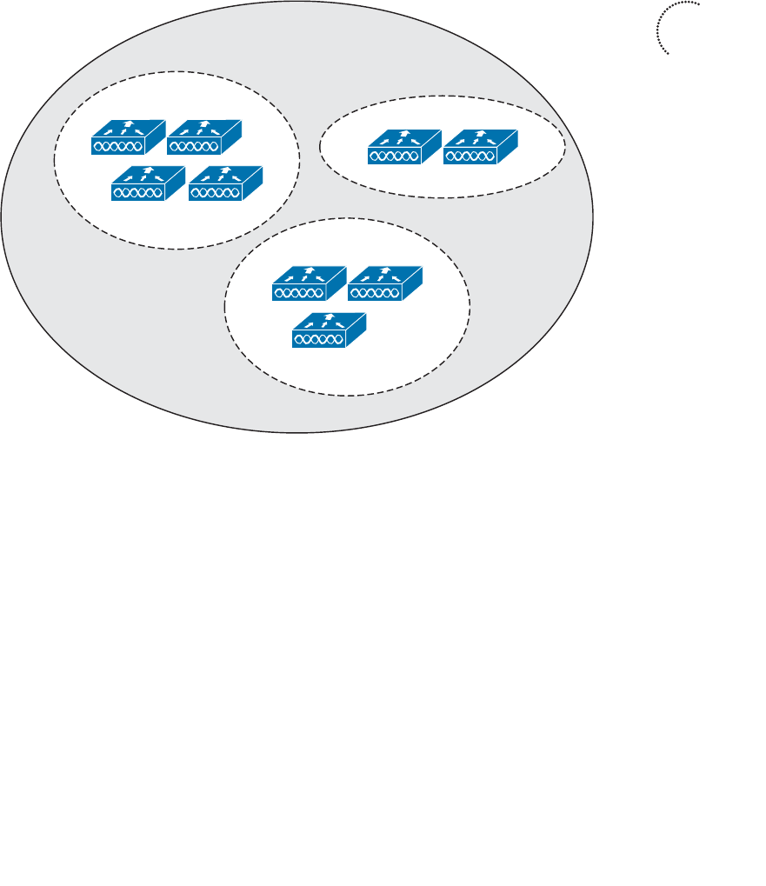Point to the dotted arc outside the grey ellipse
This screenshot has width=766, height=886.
point(659,26)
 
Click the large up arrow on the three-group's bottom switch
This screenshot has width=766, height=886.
point(330,316)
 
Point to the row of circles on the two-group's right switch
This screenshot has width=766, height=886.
point(470,157)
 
